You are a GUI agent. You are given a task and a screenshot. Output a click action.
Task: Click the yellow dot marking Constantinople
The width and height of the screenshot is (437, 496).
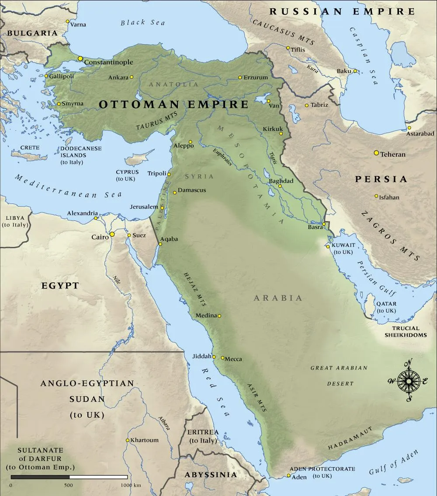[80, 58]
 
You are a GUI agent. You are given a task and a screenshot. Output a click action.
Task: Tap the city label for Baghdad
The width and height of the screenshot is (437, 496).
[281, 181]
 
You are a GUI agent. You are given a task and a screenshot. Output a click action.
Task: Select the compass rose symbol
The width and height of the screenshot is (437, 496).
[409, 381]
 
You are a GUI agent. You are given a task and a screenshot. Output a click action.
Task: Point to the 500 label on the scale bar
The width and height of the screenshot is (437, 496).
[68, 485]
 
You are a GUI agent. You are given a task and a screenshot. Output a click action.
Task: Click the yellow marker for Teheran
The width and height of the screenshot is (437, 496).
[376, 153]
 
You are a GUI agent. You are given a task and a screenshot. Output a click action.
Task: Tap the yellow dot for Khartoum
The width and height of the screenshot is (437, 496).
[127, 440]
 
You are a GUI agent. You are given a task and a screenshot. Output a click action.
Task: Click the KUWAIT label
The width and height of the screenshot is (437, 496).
[343, 245]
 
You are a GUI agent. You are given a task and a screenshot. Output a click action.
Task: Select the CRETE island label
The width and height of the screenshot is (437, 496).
[30, 148]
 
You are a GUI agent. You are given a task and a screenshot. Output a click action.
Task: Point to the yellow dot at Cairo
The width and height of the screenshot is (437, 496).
[112, 234]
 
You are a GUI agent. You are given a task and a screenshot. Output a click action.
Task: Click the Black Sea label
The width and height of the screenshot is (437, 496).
[143, 22]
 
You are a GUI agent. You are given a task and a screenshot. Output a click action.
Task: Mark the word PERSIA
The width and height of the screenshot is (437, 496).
[381, 179]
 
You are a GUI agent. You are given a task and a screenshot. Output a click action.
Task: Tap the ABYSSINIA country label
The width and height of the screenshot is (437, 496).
[211, 475]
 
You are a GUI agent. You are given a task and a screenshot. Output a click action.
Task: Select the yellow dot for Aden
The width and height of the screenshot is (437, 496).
[288, 475]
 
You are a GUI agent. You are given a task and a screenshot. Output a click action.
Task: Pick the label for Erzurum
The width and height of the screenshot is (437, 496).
[256, 77]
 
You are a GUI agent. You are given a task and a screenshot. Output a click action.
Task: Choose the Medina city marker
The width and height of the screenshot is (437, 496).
[219, 316]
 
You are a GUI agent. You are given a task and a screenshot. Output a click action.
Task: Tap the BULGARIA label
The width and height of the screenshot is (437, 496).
[32, 33]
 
